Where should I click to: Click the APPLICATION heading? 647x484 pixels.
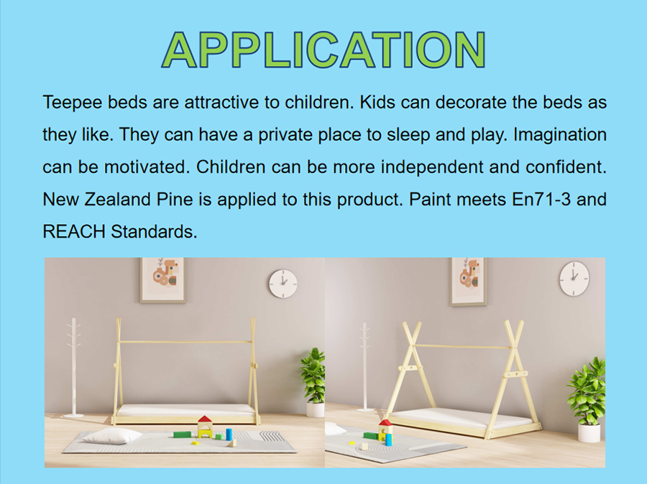pyautogui.click(x=323, y=50)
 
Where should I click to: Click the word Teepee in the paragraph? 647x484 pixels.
pyautogui.click(x=72, y=102)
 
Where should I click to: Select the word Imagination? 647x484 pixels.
pyautogui.click(x=559, y=135)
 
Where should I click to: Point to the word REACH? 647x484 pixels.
pyautogui.click(x=74, y=232)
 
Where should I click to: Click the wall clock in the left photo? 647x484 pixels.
pyautogui.click(x=283, y=284)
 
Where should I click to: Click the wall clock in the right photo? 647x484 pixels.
pyautogui.click(x=574, y=279)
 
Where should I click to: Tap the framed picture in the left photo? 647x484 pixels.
pyautogui.click(x=163, y=280)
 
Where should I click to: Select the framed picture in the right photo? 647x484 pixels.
pyautogui.click(x=469, y=282)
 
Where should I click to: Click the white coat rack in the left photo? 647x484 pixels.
pyautogui.click(x=74, y=367)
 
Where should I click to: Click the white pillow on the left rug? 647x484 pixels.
pyautogui.click(x=112, y=436)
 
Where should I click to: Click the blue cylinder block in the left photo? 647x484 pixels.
pyautogui.click(x=229, y=434)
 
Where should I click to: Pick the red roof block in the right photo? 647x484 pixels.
pyautogui.click(x=385, y=422)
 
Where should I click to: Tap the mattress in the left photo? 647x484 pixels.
pyautogui.click(x=186, y=409)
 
